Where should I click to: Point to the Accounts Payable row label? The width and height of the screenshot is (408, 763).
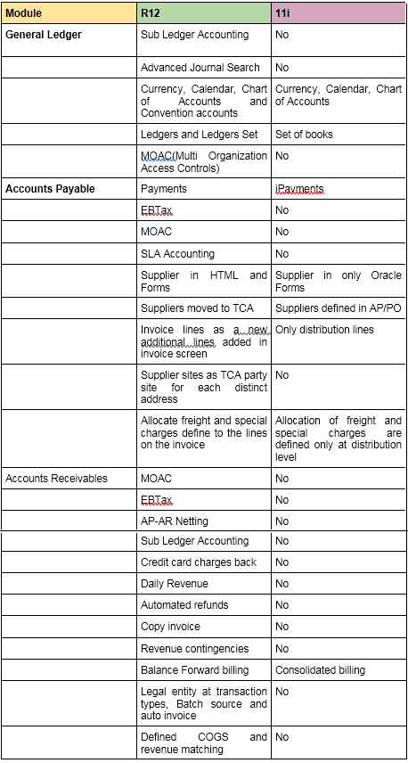pyautogui.click(x=50, y=189)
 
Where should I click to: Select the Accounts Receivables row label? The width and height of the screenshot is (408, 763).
pyautogui.click(x=56, y=479)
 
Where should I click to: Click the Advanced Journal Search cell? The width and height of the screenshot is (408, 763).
pyautogui.click(x=200, y=68)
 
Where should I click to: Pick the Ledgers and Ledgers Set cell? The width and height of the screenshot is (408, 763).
pyautogui.click(x=199, y=135)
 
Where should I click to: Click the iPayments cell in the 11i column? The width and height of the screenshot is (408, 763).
pyautogui.click(x=299, y=189)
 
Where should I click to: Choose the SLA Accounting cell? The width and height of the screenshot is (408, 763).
pyautogui.click(x=177, y=254)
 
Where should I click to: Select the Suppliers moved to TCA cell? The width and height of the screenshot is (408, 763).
pyautogui.click(x=197, y=308)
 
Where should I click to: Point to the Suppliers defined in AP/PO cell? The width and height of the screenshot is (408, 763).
pyautogui.click(x=335, y=308)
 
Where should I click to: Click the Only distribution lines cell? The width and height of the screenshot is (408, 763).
pyautogui.click(x=324, y=330)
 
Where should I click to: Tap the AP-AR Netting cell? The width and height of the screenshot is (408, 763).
pyautogui.click(x=175, y=520)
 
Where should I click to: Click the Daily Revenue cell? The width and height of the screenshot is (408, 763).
pyautogui.click(x=175, y=584)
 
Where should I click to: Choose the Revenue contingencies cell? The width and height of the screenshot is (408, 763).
pyautogui.click(x=194, y=648)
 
